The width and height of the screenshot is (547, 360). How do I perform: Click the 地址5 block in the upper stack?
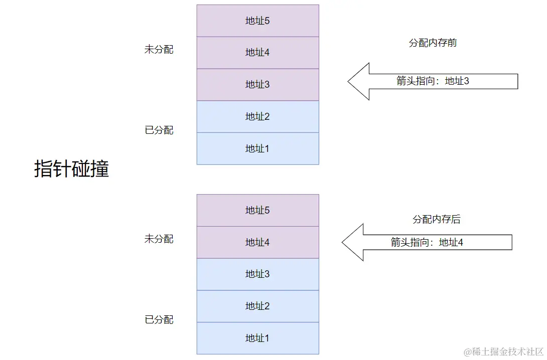coord(257,21)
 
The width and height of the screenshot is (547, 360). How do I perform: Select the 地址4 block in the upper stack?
coord(257,53)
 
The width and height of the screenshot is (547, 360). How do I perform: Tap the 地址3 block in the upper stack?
coord(257,85)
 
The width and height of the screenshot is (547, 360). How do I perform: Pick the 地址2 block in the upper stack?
coord(257,117)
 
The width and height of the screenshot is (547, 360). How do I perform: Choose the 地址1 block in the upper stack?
coord(257,148)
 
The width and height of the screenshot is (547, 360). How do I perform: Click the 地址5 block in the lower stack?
coord(257,211)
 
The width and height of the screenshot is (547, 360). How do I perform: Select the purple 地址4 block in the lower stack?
coord(257,243)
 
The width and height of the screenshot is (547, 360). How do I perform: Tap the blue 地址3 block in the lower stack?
coord(257,274)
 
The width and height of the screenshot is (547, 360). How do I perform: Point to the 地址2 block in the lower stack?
coord(257,306)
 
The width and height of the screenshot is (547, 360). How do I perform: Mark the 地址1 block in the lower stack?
coord(257,338)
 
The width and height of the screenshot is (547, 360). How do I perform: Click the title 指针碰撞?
coord(71,169)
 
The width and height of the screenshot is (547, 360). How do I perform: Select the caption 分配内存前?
coord(433,43)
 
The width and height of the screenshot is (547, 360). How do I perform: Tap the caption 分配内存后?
coord(436,220)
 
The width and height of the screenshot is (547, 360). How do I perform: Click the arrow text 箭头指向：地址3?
coord(433,81)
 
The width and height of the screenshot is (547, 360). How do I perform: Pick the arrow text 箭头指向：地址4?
coord(427,243)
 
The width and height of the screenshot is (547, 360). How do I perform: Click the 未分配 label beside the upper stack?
coord(159,50)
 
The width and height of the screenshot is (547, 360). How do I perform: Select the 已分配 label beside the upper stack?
coord(159,130)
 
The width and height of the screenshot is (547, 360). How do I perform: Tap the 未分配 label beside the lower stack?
coord(159,239)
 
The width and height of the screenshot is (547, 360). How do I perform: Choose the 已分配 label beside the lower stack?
coord(159,320)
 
